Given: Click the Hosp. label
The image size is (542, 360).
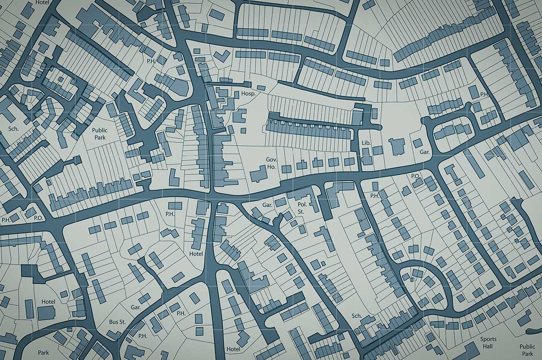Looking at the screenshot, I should point(248,94).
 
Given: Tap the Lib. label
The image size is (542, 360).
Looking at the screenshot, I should point(366,143).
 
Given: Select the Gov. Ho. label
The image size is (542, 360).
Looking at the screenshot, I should point(271,163).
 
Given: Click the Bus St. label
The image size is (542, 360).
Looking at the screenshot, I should point(117,322).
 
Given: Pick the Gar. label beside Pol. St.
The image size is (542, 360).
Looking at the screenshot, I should point(267,205).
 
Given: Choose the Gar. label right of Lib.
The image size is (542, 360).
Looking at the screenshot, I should point(425,152).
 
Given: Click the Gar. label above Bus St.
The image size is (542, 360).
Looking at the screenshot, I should point(135,307).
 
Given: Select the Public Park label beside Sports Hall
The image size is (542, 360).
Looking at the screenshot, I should point(527,350).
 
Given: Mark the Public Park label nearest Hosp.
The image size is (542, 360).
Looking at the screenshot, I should point(100,134).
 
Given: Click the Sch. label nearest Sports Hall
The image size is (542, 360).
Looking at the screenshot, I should point(357,316).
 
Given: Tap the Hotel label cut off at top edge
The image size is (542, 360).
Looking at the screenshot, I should point(42,2).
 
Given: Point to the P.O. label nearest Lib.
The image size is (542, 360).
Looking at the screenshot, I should point(415,175).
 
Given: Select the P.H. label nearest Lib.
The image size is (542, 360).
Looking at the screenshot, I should point(374,196).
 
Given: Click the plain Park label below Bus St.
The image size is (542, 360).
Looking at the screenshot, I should point(43,352).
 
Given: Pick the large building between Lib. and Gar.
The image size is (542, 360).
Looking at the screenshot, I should point(397,147).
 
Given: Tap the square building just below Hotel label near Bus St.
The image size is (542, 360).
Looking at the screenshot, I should point(46,313).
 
